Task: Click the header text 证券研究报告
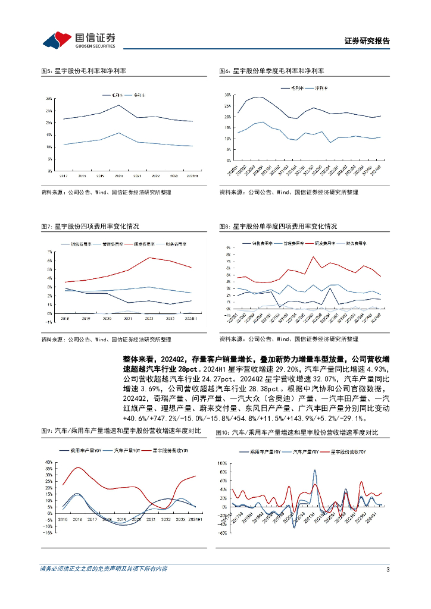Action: pos(367,41)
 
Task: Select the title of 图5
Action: pos(83,71)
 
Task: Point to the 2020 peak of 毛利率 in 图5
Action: pos(119,105)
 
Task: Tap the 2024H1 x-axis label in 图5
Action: pos(192,176)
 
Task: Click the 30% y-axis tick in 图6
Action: pos(228,95)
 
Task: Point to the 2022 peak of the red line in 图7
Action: pos(149,258)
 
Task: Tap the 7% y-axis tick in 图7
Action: pos(51,252)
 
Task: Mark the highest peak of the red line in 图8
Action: pos(313,257)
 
